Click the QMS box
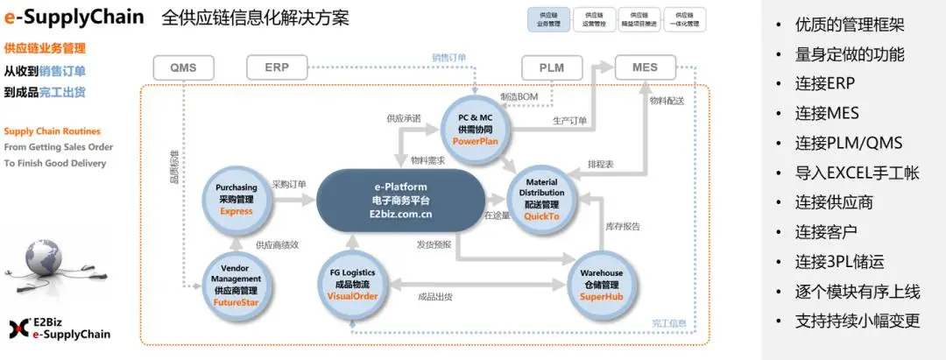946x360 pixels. tap(183, 67)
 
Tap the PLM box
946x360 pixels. tap(551, 67)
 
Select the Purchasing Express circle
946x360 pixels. tap(236, 199)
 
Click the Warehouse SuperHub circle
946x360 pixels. tap(601, 284)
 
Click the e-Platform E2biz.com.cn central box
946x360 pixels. tap(401, 201)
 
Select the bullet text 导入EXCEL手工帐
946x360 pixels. tap(857, 173)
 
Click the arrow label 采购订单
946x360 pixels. tap(290, 185)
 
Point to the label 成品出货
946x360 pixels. tap(435, 297)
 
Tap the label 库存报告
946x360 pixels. tap(623, 226)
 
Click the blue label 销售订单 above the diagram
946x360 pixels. tap(448, 58)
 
